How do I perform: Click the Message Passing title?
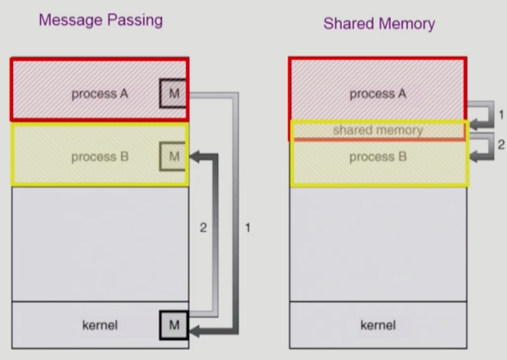(x=100, y=20)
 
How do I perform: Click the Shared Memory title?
(x=379, y=23)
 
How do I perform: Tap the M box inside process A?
(x=174, y=93)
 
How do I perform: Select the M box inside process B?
(x=174, y=157)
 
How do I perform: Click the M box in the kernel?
(x=174, y=325)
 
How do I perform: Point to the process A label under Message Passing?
(x=100, y=93)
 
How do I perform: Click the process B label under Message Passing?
(x=100, y=157)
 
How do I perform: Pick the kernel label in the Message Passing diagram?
(x=100, y=325)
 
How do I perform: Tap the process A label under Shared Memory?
(x=378, y=93)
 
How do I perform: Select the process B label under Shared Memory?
(x=378, y=157)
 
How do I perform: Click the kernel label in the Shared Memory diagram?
(x=378, y=325)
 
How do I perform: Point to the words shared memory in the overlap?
(x=378, y=130)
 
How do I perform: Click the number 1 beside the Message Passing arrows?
(x=248, y=228)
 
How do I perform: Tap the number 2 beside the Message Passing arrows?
(x=203, y=228)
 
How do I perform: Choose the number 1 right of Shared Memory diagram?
(x=501, y=115)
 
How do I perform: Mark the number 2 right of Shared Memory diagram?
(x=501, y=145)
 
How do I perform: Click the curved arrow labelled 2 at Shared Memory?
(x=485, y=146)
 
